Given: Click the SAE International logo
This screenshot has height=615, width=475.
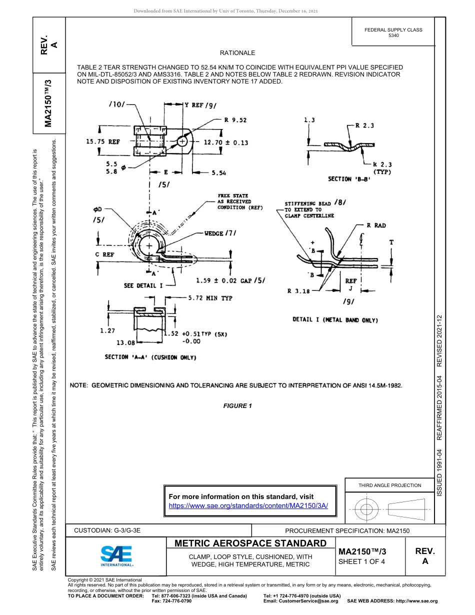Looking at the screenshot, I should [x=116, y=555].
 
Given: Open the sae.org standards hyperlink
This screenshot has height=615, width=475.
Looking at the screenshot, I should [x=248, y=505].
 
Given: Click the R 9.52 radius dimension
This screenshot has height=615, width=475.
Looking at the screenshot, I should [x=235, y=120].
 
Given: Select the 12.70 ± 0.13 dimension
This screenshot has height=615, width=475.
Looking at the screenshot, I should [x=225, y=142].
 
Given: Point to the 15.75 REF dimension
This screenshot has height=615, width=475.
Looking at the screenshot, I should [x=103, y=142].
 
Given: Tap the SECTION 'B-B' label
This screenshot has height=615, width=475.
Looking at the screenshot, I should [x=349, y=178].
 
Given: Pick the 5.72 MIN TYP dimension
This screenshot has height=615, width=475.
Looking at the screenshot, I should [x=210, y=298].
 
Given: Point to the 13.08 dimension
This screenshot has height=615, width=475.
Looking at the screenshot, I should [x=125, y=343].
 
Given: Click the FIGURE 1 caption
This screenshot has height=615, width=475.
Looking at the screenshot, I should [x=237, y=406].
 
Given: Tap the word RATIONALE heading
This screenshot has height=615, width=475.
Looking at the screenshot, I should [x=237, y=53].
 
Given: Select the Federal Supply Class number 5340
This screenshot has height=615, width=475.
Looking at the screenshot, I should [x=393, y=36].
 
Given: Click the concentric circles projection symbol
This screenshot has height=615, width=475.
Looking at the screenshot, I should [x=366, y=509].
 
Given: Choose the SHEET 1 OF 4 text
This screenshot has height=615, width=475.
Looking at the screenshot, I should [x=361, y=561].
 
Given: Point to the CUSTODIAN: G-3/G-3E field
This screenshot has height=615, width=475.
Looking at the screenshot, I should [x=107, y=530].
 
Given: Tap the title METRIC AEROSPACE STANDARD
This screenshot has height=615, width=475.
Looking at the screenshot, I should [x=250, y=543].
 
